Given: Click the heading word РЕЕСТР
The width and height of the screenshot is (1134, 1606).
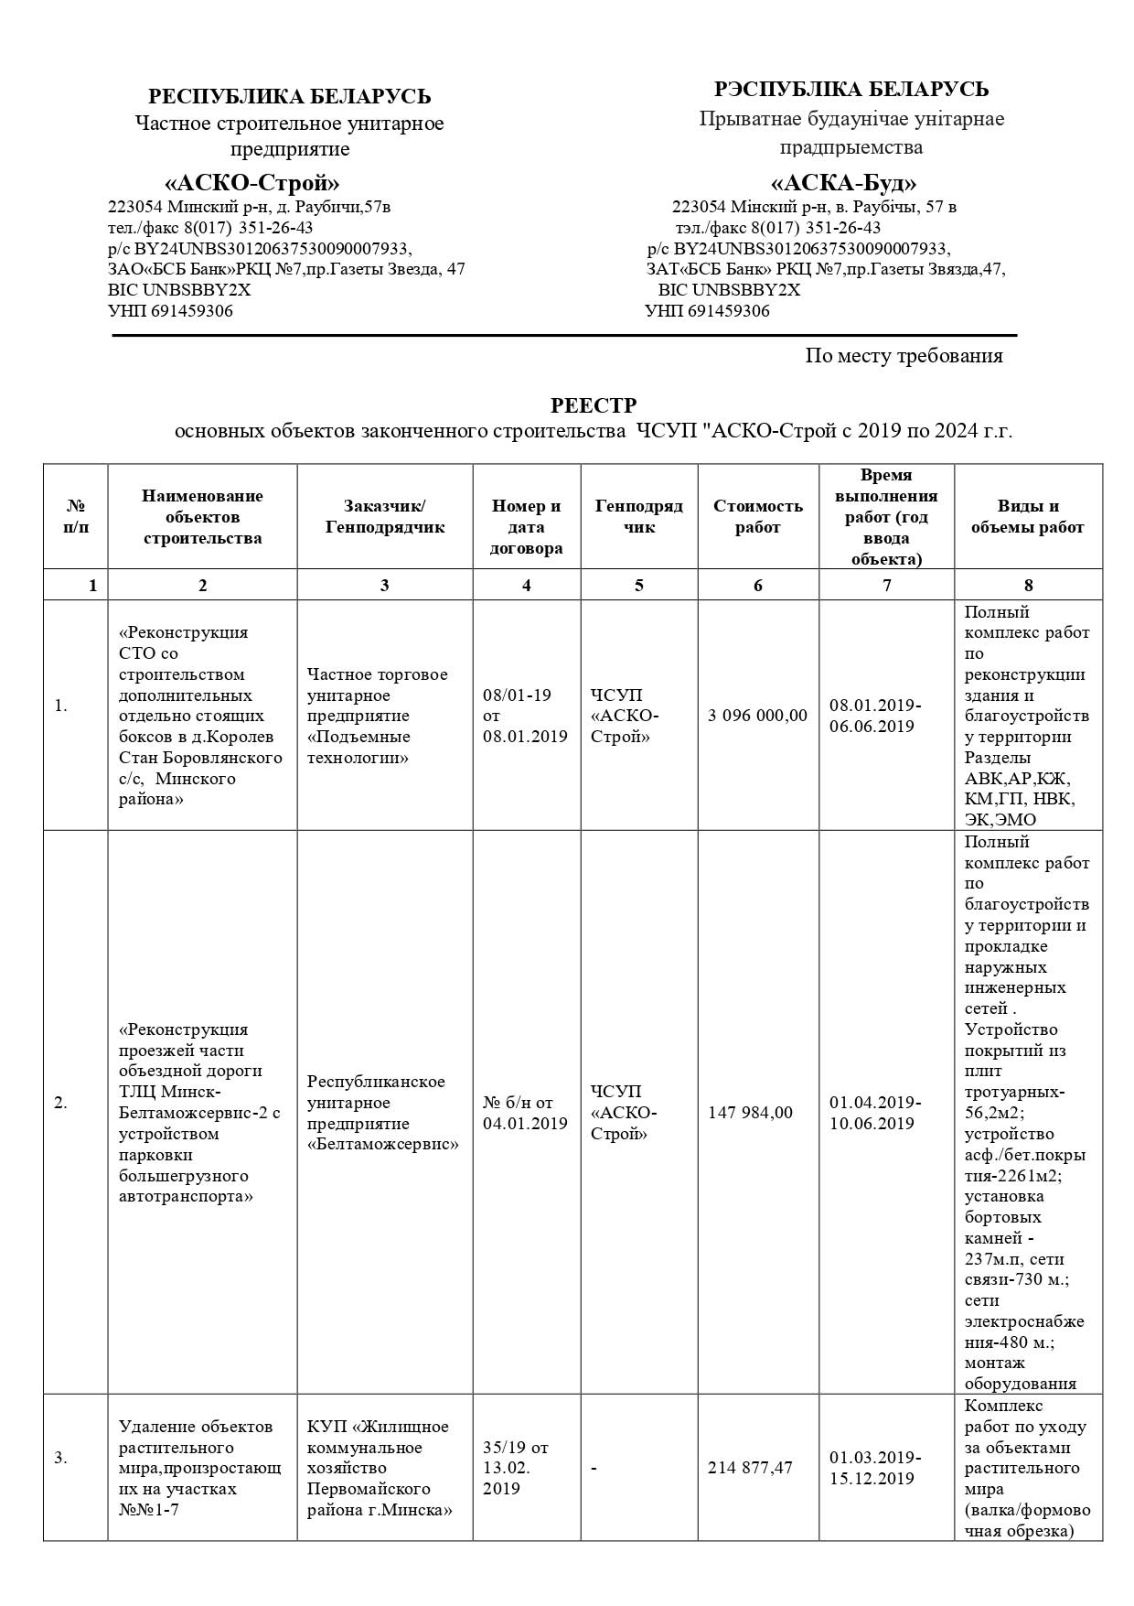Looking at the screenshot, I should point(593,405).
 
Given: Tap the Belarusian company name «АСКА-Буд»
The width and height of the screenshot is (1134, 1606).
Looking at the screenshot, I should point(843,182).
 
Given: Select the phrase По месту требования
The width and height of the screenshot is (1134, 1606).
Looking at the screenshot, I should point(904,356).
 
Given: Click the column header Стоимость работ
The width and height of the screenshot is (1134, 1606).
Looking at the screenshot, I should point(758,516).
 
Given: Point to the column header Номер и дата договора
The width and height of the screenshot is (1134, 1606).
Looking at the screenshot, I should point(526,527).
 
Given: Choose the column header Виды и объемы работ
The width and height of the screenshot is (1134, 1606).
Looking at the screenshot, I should point(1027,516).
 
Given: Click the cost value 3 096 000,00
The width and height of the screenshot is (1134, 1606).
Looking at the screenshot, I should point(757,716).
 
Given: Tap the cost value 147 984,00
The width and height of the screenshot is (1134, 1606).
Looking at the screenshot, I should point(750,1113).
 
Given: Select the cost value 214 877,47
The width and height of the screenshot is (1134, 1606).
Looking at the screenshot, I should point(750,1468).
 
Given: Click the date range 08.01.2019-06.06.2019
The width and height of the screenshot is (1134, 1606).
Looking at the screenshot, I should point(875,716).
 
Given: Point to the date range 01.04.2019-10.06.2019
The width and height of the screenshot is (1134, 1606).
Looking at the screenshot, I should point(875,1113).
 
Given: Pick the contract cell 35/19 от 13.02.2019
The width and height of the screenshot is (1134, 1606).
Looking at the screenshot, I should point(515,1468).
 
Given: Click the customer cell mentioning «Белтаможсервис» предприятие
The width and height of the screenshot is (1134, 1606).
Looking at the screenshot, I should point(383,1113).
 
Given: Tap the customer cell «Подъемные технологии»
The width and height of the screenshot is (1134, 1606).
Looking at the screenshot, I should point(377,716).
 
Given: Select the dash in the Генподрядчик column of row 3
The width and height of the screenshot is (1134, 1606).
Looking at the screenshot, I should point(594,1469).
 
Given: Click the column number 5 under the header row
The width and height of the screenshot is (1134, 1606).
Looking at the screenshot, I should point(638,586).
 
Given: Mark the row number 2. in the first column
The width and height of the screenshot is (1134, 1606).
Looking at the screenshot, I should point(60,1103).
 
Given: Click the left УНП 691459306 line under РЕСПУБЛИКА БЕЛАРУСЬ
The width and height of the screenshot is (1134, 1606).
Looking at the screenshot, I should point(170,311).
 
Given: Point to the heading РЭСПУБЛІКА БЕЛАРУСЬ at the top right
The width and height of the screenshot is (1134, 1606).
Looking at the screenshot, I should point(850,90).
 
